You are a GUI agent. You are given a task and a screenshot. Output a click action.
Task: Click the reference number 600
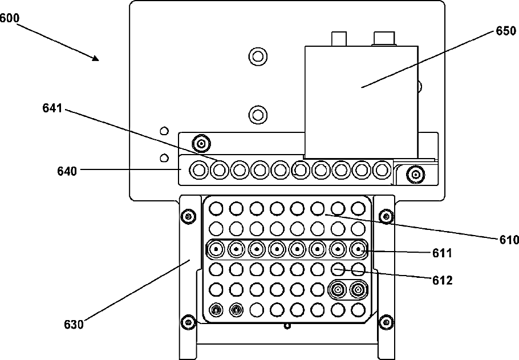10,18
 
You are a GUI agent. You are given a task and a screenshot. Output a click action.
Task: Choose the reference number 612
443,280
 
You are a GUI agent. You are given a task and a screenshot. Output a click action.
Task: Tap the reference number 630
74,325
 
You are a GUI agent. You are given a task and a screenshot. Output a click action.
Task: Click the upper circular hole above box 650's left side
258,56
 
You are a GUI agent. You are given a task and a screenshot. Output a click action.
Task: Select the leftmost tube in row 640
199,169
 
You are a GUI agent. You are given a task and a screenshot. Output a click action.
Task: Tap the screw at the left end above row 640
200,141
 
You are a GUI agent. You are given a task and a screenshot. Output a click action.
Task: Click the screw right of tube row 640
417,173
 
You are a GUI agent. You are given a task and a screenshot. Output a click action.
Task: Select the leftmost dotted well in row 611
216,249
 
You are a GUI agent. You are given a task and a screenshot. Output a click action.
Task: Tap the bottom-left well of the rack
216,310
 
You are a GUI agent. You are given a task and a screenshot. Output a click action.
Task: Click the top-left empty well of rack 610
216,208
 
